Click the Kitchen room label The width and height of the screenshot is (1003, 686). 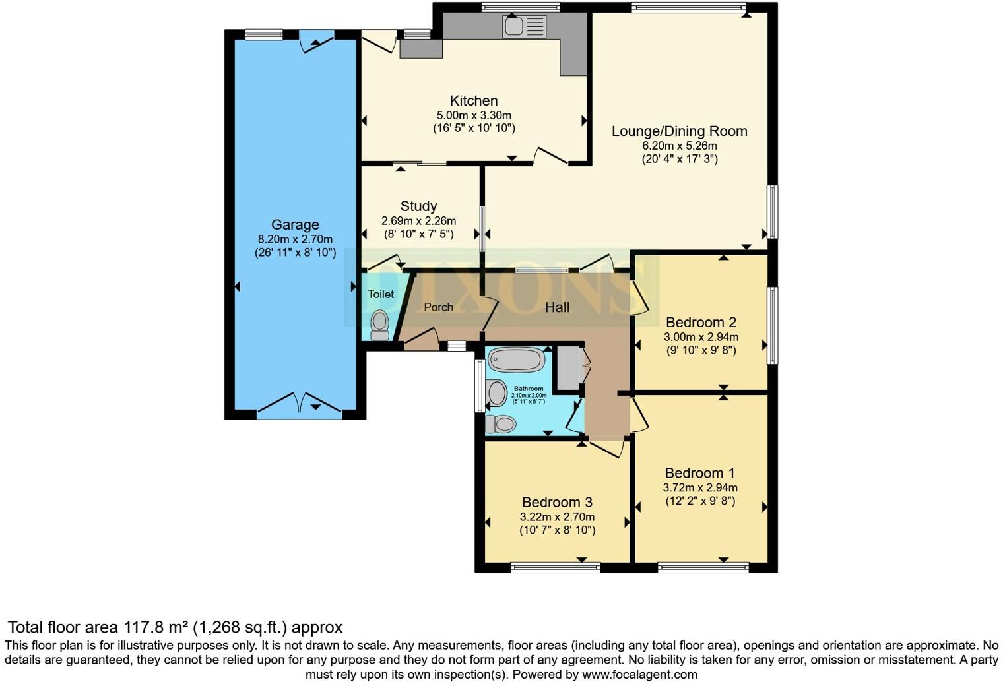tap(473, 101)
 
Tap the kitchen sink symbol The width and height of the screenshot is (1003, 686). tap(524, 27)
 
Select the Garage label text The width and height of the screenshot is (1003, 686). tap(295, 225)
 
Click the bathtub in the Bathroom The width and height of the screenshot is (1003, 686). tap(516, 360)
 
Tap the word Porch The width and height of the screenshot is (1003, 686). tap(438, 307)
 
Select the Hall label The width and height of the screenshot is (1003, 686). tap(557, 307)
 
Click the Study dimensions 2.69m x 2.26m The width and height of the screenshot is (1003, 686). tap(418, 221)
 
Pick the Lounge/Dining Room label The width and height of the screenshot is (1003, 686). tap(679, 131)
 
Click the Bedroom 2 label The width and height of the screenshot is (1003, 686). tap(701, 323)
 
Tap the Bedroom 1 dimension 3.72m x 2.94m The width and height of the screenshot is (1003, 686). tap(699, 488)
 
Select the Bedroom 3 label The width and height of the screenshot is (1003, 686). tap(557, 503)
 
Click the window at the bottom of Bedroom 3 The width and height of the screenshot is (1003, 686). tap(555, 567)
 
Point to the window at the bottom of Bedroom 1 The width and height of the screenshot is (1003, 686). tap(703, 567)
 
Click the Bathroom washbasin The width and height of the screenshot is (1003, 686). tap(496, 393)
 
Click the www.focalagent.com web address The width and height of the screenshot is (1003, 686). tap(639, 674)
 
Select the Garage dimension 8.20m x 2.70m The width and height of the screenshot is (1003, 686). tap(295, 239)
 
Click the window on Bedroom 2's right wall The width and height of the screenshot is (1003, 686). tap(771, 325)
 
